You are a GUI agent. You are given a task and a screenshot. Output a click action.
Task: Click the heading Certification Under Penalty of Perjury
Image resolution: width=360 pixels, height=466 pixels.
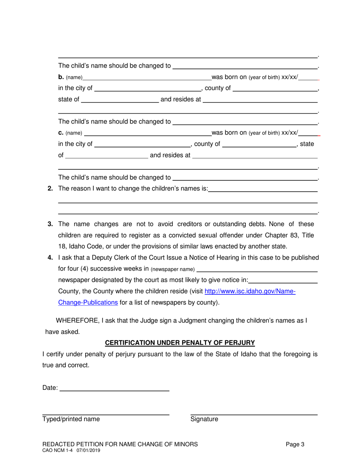(180, 343)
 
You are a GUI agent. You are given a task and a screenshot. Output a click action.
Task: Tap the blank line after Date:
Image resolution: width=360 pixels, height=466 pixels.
(114, 389)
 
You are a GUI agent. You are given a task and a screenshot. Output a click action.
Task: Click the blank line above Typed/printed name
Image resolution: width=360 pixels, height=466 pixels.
(105, 414)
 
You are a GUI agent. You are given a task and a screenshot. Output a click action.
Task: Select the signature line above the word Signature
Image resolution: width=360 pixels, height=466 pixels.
(254, 414)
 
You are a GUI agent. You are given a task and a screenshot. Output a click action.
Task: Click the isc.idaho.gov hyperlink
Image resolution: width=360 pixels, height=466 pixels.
(250, 291)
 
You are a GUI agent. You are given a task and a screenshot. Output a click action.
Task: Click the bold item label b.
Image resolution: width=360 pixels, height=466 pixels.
(61, 77)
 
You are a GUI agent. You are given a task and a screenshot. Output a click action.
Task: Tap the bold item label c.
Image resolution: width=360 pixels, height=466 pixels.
(61, 133)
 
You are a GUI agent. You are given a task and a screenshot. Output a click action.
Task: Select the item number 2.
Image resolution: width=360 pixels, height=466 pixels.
(50, 188)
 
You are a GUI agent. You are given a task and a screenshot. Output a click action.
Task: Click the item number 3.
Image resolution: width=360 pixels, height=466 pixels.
(50, 224)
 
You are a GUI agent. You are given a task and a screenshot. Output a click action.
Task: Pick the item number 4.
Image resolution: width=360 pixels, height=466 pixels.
(50, 258)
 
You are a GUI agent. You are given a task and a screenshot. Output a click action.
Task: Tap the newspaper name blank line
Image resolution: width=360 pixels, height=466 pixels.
(257, 271)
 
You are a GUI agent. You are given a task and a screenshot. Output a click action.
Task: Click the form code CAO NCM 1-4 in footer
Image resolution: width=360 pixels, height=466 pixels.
(58, 451)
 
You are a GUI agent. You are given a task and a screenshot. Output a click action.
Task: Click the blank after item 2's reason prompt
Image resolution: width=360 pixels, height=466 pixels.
(263, 191)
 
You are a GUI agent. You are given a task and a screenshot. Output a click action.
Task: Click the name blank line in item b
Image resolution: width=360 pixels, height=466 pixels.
(147, 80)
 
